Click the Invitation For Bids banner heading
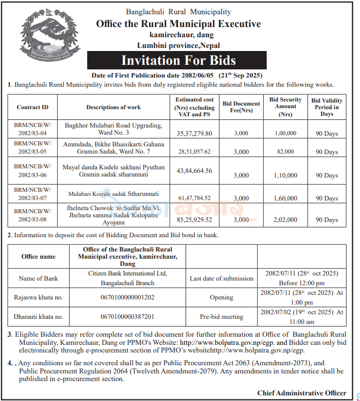[178, 61]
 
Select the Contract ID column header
[33, 107]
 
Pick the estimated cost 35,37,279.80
[194, 133]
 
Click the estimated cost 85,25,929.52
[194, 220]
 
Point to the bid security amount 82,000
[286, 152]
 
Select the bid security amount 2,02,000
[286, 220]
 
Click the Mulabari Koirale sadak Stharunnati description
[114, 194]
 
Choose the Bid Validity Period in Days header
[327, 107]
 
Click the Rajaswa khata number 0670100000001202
[127, 297]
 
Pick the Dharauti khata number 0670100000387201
[127, 317]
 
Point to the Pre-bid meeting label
[221, 317]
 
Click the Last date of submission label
[221, 279]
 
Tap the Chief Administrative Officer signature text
[302, 393]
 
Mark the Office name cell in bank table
[38, 257]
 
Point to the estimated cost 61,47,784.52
[194, 198]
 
